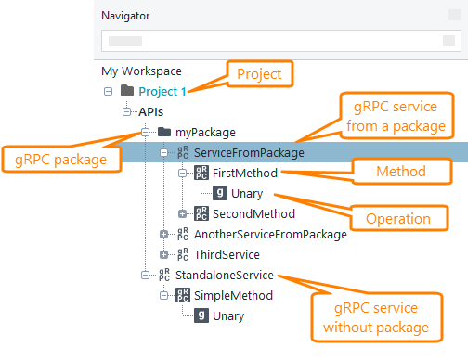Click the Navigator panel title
click(x=125, y=16)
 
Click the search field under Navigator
click(x=279, y=42)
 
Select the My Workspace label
click(x=141, y=71)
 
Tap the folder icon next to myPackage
click(x=164, y=132)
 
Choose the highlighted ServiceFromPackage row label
click(x=249, y=152)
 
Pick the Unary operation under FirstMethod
click(x=246, y=193)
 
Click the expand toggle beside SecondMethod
click(x=182, y=213)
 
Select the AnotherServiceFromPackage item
click(x=270, y=234)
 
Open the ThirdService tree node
click(x=227, y=254)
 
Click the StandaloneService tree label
click(x=224, y=275)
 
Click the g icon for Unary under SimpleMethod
click(x=201, y=315)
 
